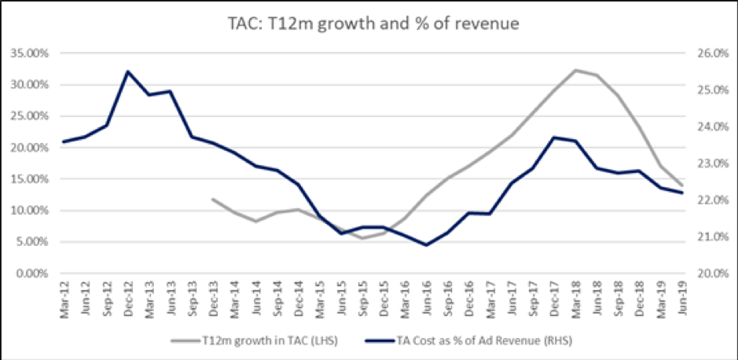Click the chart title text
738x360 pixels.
(369, 23)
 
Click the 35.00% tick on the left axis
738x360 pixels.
(30, 53)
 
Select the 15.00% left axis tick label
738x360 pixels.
(30, 179)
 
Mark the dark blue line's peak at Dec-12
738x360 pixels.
(127, 72)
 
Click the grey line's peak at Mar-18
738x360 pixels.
(575, 70)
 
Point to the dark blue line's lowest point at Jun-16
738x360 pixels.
(426, 245)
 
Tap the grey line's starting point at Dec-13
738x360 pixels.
(212, 199)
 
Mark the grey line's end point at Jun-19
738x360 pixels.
(681, 185)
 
